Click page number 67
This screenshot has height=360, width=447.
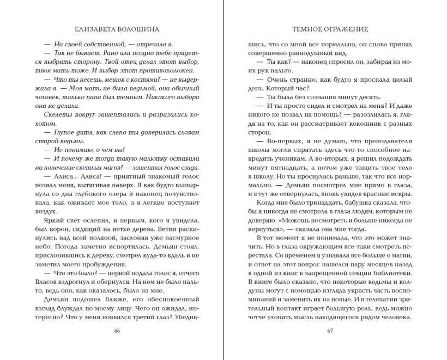pyautogui.click(x=330, y=331)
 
